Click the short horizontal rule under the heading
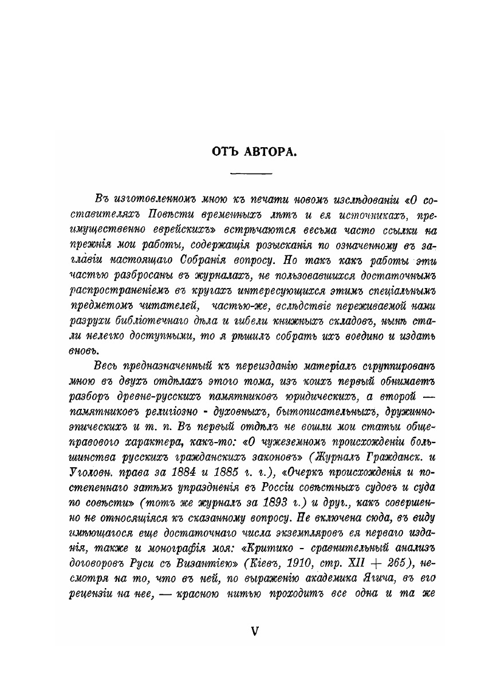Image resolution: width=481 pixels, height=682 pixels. click(251, 174)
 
